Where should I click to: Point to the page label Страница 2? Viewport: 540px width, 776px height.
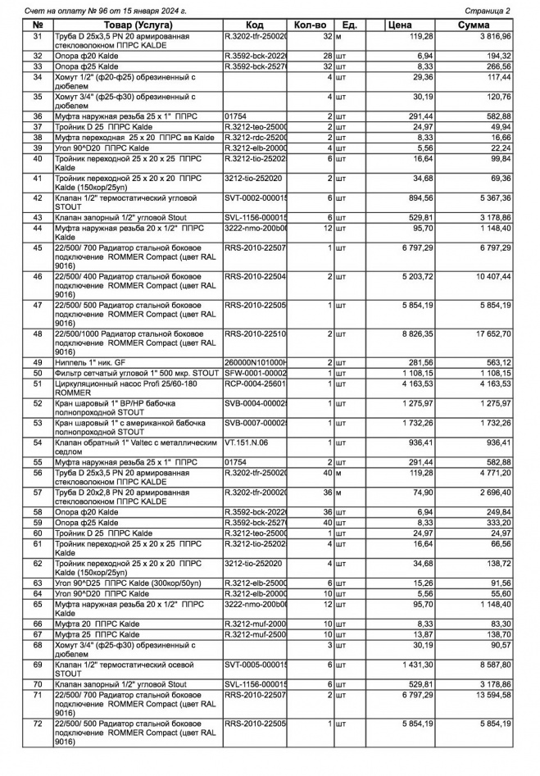click(x=488, y=11)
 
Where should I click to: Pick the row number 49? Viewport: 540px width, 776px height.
click(x=37, y=362)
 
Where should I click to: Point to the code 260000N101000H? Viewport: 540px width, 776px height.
click(x=256, y=362)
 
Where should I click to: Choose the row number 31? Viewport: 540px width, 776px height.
click(x=37, y=37)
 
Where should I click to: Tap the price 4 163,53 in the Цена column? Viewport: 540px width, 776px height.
click(x=415, y=384)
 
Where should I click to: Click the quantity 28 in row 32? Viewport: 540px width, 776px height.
click(x=325, y=56)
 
